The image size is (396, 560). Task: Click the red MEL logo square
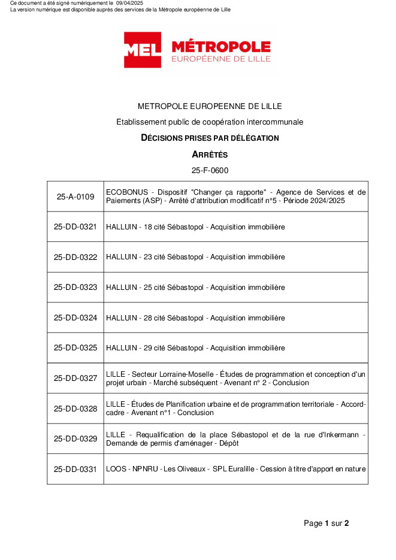tap(143, 50)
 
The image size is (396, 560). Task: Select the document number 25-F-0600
tap(210, 171)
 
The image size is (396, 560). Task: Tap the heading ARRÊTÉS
tap(210, 155)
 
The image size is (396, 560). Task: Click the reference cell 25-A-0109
tap(75, 196)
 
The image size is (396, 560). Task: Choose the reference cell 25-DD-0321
tap(75, 227)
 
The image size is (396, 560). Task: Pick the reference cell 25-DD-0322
tap(75, 257)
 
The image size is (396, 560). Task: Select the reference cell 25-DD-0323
tap(75, 287)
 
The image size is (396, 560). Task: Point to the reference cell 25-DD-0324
tap(75, 317)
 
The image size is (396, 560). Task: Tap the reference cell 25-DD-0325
tap(75, 348)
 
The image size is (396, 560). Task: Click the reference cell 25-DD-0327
tap(75, 379)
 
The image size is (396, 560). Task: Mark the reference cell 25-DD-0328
tap(75, 408)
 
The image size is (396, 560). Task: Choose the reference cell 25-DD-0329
tap(75, 439)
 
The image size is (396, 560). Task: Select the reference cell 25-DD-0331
tap(75, 469)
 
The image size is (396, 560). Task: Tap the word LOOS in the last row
tap(116, 469)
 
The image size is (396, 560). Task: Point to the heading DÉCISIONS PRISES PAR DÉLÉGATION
tap(210, 138)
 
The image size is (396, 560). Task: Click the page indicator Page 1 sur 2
tap(326, 523)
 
